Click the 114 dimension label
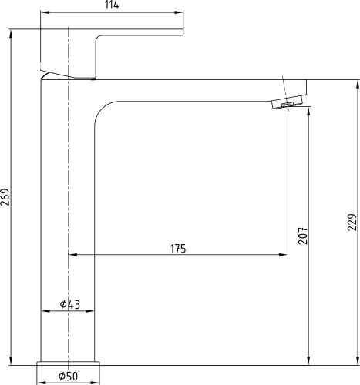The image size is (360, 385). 112,5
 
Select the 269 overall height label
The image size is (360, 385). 5,197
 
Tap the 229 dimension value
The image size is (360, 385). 352,222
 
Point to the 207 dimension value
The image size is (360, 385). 303,236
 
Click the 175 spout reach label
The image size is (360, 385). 178,249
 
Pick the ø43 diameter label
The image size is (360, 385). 70,304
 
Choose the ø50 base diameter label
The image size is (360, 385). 68,377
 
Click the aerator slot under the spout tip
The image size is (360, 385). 288,105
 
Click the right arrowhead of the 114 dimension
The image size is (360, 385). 179,12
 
